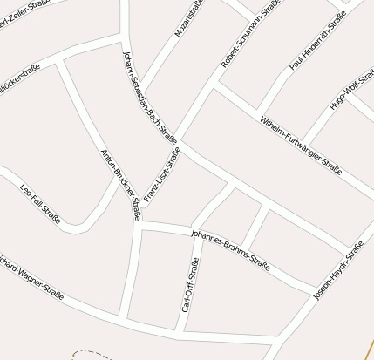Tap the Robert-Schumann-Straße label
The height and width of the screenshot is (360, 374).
251,34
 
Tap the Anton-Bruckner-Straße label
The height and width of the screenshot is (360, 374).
121,184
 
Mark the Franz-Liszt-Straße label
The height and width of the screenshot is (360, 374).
162,174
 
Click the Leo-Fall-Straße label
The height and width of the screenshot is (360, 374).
39,203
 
